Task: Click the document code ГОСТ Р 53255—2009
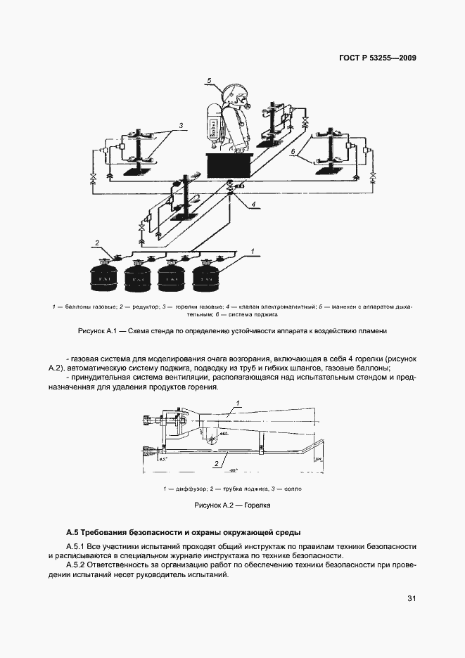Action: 376,58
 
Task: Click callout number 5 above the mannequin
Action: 210,81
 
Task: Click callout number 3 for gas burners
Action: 181,126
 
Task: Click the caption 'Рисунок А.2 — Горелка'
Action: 232,505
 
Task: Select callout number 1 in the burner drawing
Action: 238,402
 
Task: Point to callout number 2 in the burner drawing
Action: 215,465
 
